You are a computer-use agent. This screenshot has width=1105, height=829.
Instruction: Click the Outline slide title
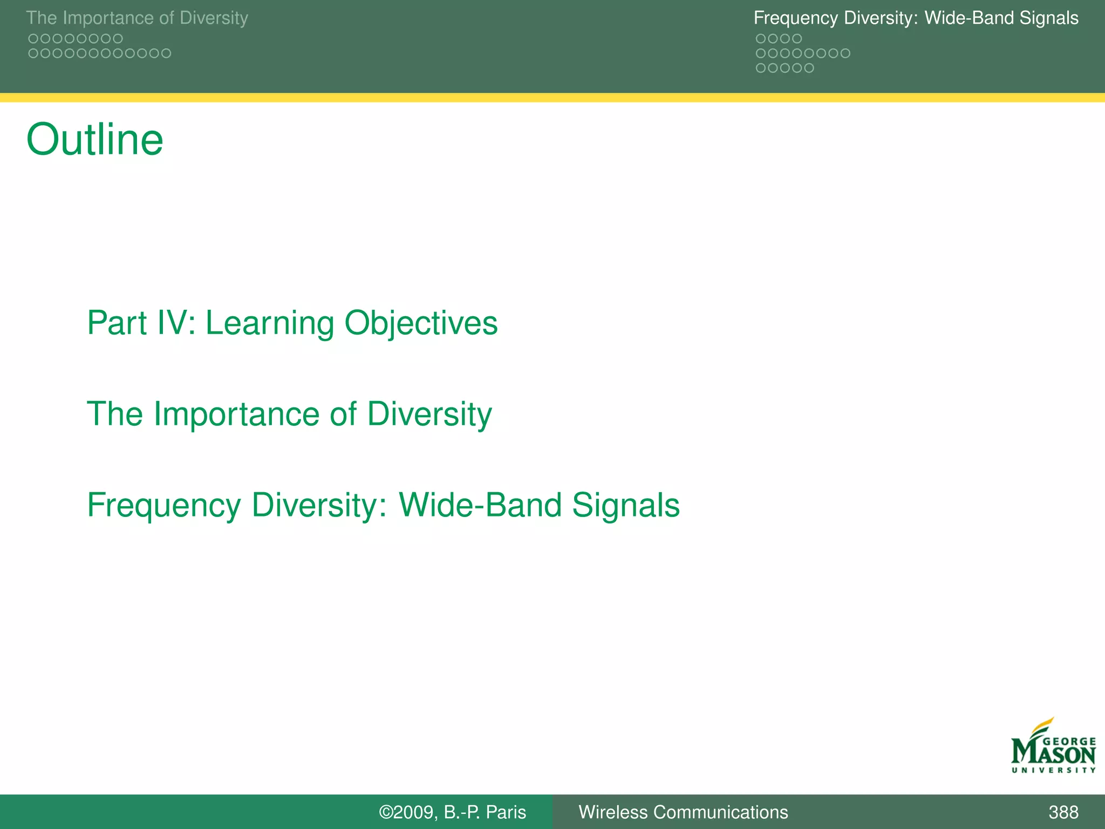(94, 139)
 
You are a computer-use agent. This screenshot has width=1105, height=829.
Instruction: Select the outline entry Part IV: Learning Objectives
(292, 323)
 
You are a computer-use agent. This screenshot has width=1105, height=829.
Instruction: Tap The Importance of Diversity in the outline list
(289, 414)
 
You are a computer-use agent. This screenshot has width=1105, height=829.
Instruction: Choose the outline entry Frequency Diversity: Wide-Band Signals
(383, 505)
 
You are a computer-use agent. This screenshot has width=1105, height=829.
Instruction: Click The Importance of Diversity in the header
(137, 18)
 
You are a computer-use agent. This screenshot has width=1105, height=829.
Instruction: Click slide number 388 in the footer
(1063, 812)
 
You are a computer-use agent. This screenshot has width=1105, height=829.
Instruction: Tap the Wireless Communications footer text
(683, 812)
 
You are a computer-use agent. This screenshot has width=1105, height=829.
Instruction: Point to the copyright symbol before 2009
(386, 812)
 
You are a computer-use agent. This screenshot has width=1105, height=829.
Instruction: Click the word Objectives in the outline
(421, 323)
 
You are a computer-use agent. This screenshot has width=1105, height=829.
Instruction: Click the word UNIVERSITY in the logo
(1053, 770)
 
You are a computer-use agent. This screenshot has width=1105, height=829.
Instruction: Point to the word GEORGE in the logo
(1069, 742)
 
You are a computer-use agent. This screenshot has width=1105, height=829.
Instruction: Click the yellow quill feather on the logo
(1042, 725)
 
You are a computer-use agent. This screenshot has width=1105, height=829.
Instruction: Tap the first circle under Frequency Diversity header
(761, 39)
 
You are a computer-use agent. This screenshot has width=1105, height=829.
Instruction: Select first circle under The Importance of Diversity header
(33, 39)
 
